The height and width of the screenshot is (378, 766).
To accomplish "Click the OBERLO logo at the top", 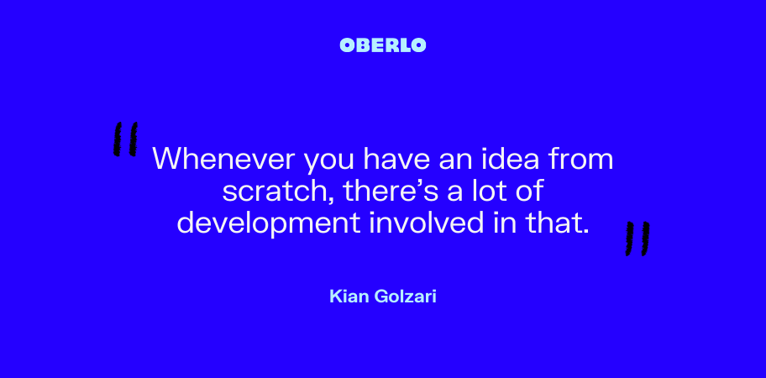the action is (382, 45).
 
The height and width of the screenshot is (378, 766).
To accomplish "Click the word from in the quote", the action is (583, 159).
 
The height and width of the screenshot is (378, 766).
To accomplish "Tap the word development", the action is (268, 223).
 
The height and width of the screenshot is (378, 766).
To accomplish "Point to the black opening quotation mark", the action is (125, 139).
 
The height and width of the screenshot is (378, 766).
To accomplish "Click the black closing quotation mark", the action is (637, 239).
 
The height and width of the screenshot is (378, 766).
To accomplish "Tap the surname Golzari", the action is (405, 296).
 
